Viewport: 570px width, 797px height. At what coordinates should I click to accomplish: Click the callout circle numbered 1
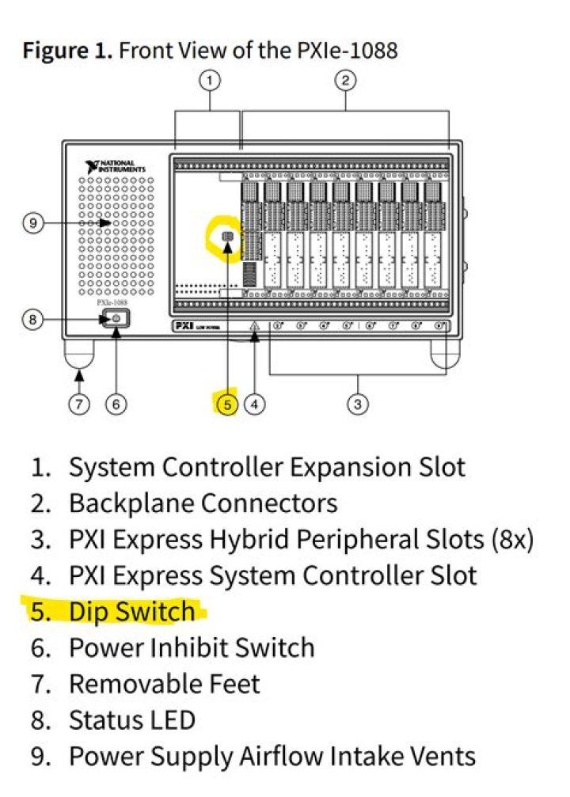pos(210,79)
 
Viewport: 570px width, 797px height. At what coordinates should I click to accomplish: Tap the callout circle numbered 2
pos(346,79)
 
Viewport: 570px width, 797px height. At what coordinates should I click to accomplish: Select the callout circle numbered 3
pos(359,404)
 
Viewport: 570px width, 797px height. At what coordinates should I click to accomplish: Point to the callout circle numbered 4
pos(254,404)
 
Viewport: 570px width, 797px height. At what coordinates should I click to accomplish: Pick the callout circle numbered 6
pos(116,404)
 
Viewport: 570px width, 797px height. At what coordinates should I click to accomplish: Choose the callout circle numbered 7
pos(78,404)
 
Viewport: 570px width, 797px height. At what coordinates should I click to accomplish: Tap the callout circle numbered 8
pos(32,320)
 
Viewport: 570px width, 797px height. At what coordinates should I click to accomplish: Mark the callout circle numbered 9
pos(32,223)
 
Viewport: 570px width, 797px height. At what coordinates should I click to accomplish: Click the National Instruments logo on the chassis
pos(116,167)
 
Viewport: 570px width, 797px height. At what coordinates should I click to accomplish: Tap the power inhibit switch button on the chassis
pos(116,319)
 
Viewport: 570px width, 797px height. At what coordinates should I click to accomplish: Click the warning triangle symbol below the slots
pos(254,326)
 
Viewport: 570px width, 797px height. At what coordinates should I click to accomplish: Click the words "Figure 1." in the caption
pos(68,52)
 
